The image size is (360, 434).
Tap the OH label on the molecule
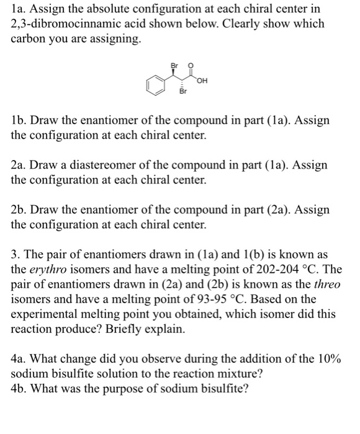[202, 79]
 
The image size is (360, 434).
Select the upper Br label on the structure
[176, 61]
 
